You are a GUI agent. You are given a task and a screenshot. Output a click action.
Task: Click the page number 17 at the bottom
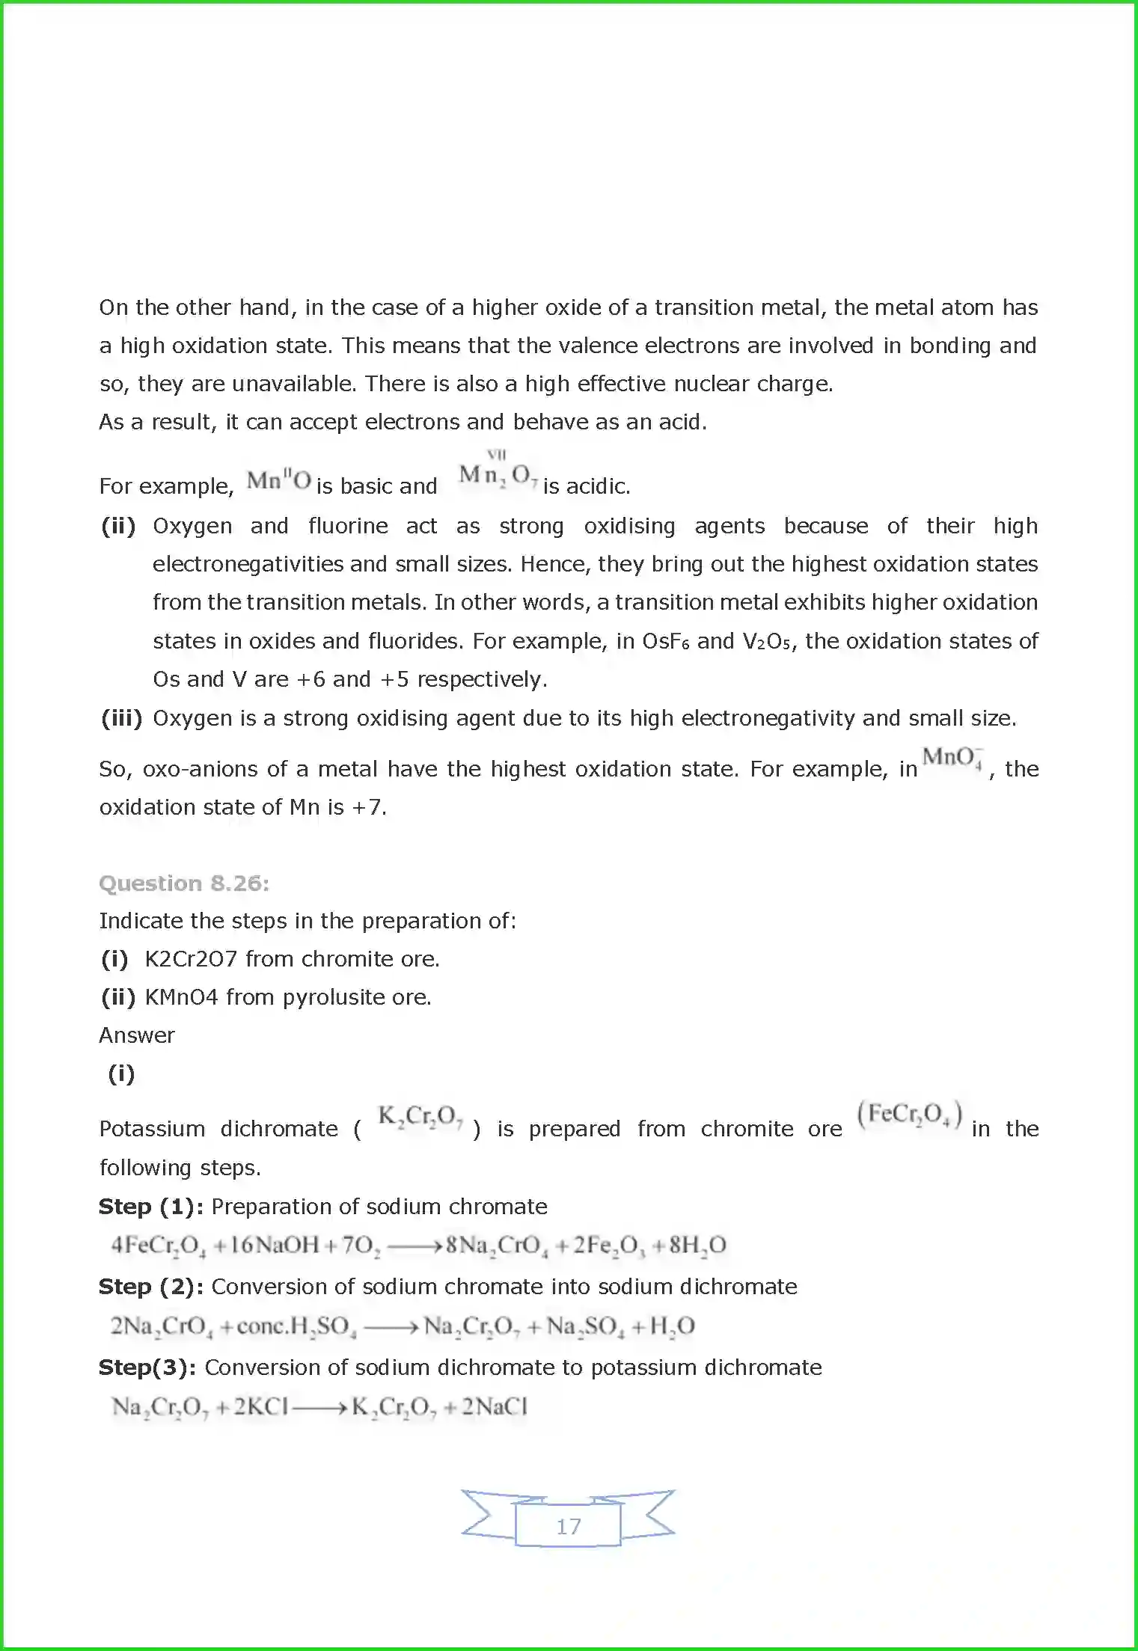tap(569, 1526)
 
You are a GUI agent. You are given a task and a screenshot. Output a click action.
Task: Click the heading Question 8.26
tap(184, 883)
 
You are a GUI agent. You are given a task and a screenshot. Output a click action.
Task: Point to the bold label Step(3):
tap(147, 1367)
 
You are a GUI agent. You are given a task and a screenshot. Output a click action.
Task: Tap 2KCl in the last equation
tap(261, 1407)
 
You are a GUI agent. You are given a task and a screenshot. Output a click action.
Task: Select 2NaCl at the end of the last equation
tap(495, 1407)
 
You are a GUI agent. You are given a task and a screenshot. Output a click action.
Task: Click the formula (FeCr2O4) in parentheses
tap(909, 1115)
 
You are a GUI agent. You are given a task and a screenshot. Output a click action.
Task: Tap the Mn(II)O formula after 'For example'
tap(278, 480)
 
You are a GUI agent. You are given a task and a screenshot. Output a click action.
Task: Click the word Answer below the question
tap(137, 1035)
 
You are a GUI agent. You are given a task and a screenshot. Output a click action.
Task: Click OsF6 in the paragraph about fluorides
tap(665, 641)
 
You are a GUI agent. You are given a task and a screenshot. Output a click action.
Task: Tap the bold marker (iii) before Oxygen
tap(121, 718)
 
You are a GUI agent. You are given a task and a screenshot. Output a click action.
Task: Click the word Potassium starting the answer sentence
tap(152, 1129)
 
